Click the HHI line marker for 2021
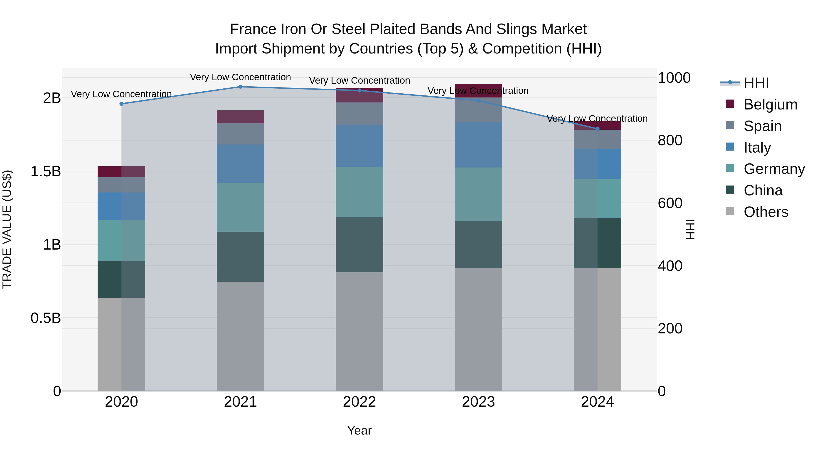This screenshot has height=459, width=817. click(240, 87)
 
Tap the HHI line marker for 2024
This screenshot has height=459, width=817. click(597, 129)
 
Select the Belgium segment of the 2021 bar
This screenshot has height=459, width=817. click(240, 117)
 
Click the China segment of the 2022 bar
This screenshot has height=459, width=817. click(359, 245)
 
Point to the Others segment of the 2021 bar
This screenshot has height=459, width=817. click(240, 336)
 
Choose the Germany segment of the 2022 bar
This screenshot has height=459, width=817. click(359, 192)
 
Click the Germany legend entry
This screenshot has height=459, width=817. click(774, 169)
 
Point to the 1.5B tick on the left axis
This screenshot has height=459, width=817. click(45, 171)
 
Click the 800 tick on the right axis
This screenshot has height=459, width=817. click(670, 140)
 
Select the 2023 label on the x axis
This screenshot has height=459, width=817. click(478, 402)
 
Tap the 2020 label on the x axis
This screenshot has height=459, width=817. click(121, 402)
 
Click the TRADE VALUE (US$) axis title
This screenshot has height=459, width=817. click(7, 229)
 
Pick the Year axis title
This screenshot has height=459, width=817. click(359, 430)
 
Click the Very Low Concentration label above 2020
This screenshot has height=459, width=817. click(121, 94)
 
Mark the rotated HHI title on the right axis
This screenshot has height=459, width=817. click(690, 229)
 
